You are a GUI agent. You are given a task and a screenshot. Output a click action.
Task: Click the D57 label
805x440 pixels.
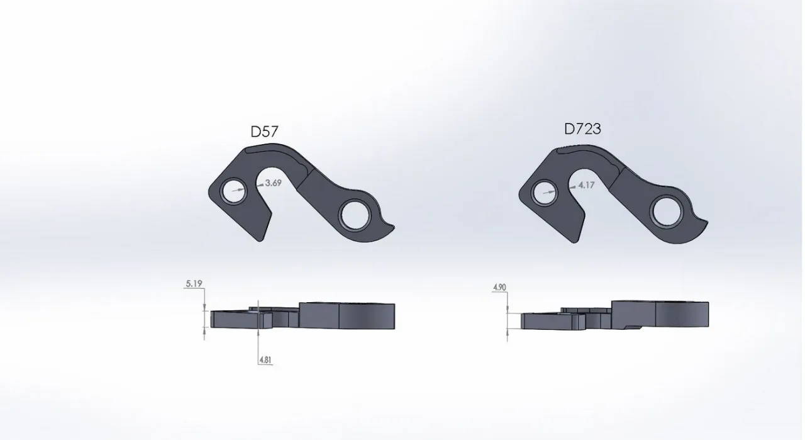pyautogui.click(x=264, y=132)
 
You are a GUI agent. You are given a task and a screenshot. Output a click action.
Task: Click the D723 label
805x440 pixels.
pyautogui.click(x=582, y=129)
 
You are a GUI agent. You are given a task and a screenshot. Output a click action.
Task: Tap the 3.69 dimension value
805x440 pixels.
pyautogui.click(x=273, y=183)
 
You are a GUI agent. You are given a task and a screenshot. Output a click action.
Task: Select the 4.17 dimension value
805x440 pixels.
pyautogui.click(x=586, y=185)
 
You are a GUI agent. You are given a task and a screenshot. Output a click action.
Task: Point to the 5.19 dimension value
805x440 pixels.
pyautogui.click(x=194, y=283)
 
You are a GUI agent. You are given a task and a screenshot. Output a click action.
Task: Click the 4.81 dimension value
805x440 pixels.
pyautogui.click(x=265, y=360)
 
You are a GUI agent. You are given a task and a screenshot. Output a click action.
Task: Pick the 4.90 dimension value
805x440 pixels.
pyautogui.click(x=499, y=287)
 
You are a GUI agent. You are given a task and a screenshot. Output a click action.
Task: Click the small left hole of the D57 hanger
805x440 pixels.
pyautogui.click(x=233, y=191)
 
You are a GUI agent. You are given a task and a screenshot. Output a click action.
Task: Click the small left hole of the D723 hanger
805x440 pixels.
pyautogui.click(x=544, y=193)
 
